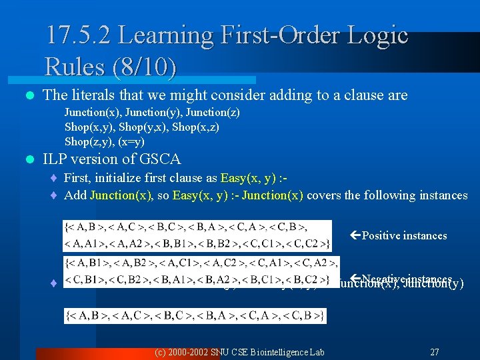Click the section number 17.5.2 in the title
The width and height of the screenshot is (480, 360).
[x=84, y=35]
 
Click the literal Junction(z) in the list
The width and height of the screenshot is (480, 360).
[x=214, y=113]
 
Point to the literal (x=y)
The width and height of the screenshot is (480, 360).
[x=131, y=141]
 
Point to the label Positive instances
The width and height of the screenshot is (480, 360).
[x=404, y=235]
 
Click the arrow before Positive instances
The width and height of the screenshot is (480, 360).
[x=355, y=235]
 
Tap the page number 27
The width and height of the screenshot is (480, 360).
[x=435, y=351]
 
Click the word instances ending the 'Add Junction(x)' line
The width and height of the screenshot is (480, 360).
[x=443, y=195]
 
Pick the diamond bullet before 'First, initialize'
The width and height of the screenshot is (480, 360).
[x=54, y=179]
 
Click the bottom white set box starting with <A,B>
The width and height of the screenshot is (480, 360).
[x=195, y=316]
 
